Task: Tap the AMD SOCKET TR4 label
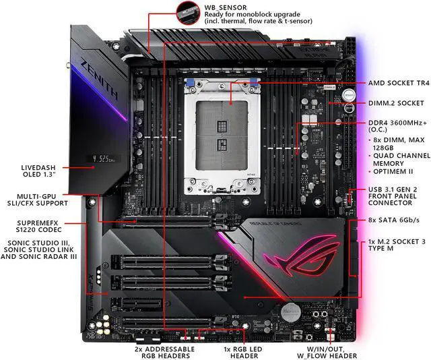(x=398, y=84)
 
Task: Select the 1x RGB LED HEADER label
(x=259, y=352)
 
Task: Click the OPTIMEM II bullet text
(x=395, y=171)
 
